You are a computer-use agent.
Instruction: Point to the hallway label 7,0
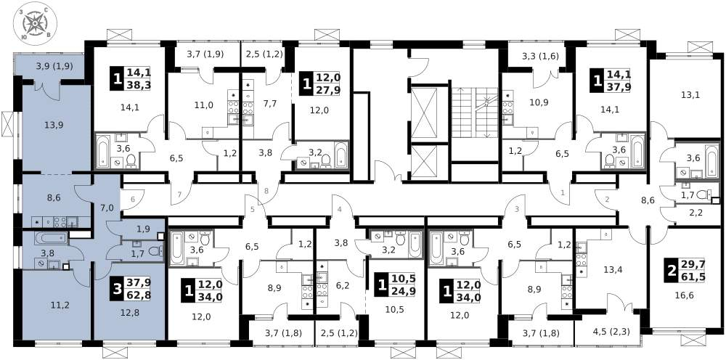[106, 208]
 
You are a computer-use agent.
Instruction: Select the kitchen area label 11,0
[204, 105]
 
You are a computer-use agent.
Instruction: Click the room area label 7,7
[271, 105]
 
